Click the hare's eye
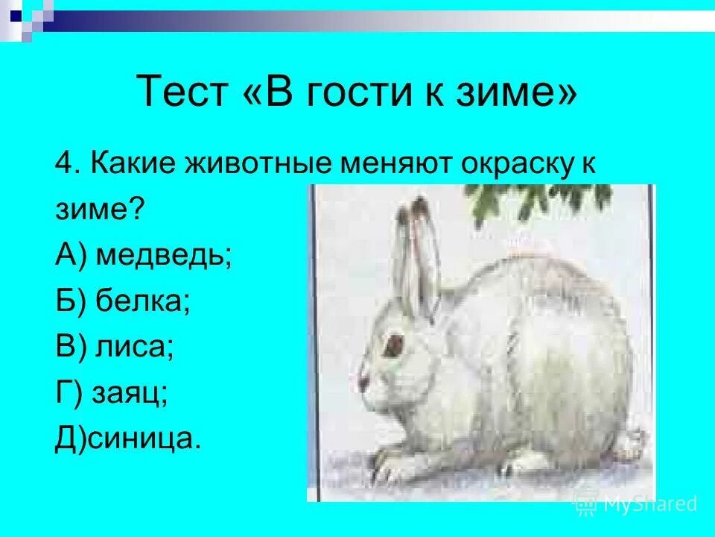(392, 345)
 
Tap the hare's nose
(363, 382)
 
